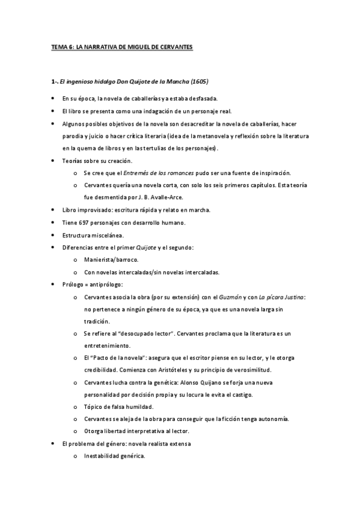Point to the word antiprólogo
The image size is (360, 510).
pyautogui.click(x=106, y=284)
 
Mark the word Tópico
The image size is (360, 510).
pyautogui.click(x=94, y=406)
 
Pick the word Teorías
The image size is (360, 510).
pyautogui.click(x=73, y=161)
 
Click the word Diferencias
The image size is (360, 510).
pyautogui.click(x=79, y=248)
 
